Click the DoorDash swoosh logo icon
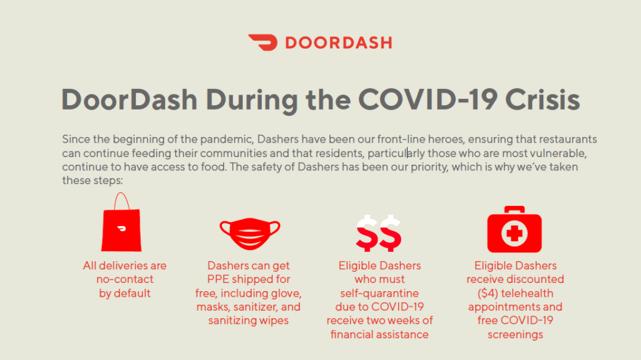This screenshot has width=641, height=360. click(x=262, y=42)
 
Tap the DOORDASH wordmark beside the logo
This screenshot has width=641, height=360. click(x=339, y=43)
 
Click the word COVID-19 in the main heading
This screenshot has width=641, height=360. click(x=428, y=100)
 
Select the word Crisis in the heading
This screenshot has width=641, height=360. click(x=543, y=100)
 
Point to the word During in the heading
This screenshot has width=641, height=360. click(x=252, y=100)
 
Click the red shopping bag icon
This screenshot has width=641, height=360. click(x=121, y=222)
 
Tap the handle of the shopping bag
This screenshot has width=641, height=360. click(x=121, y=200)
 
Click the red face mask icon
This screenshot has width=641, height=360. click(x=250, y=234)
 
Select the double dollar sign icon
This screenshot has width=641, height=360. click(x=379, y=233)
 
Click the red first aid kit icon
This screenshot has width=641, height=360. click(x=515, y=230)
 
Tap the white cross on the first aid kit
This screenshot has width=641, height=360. click(x=515, y=234)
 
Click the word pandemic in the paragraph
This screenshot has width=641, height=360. click(x=227, y=140)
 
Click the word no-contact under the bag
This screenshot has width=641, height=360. click(x=125, y=279)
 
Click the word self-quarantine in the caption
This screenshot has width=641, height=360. click(x=379, y=293)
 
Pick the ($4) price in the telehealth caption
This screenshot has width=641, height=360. click(x=488, y=293)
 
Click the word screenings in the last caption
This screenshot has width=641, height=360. click(x=515, y=334)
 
